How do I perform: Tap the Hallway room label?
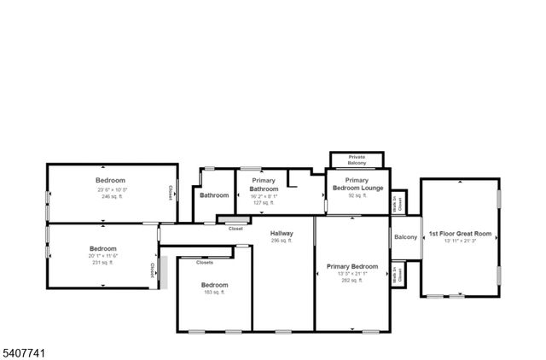point(282,233)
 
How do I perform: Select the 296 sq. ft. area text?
point(282,241)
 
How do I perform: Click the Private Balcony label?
point(357,160)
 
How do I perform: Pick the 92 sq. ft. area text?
point(357,196)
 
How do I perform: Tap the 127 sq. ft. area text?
point(264,203)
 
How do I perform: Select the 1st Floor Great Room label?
point(460,233)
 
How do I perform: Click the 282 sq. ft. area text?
point(352,280)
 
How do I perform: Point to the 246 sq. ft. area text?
point(111,196)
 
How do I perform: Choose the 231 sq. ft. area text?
point(102,263)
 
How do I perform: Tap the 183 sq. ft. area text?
point(214,293)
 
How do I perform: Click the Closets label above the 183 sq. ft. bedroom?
point(205,263)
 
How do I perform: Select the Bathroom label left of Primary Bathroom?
point(214,195)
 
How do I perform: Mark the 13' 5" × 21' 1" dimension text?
point(352,273)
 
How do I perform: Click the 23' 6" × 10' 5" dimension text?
point(111,189)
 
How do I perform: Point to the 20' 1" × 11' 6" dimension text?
point(102,256)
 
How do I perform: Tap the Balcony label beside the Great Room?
point(405,237)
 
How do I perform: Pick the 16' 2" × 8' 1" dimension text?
point(264,196)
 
